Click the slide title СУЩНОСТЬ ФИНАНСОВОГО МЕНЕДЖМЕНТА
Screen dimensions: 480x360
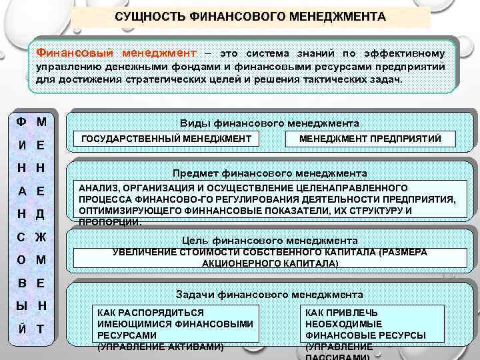point(250,15)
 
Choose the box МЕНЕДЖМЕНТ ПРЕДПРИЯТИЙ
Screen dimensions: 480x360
point(370,138)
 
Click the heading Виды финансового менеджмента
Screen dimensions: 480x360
point(269,123)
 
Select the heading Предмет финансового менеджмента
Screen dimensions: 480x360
point(269,173)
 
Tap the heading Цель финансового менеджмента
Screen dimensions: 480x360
point(269,240)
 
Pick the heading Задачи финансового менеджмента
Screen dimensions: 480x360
point(269,294)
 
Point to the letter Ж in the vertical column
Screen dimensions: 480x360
point(41,237)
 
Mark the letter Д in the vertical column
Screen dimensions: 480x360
point(41,213)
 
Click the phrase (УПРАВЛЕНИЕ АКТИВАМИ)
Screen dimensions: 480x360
point(160,347)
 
